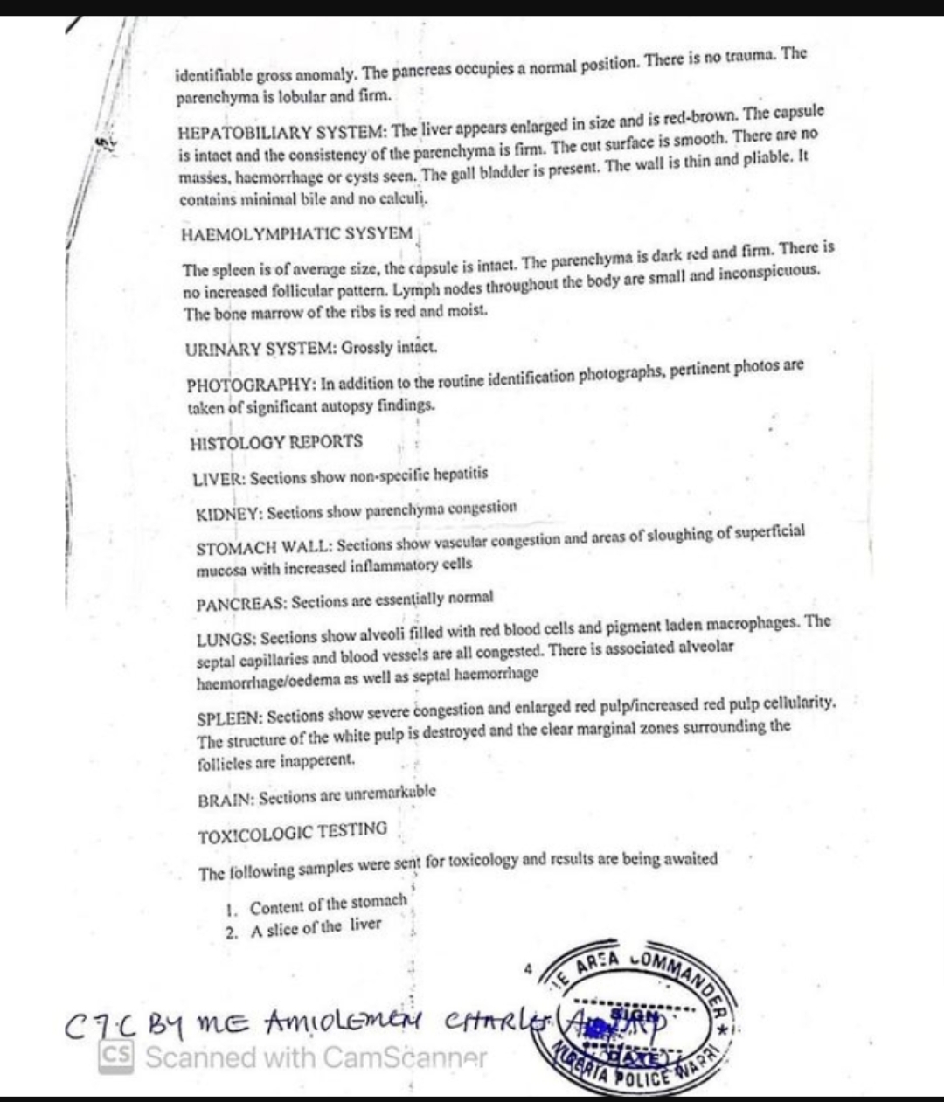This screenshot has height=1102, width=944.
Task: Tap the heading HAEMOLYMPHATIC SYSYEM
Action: (296, 234)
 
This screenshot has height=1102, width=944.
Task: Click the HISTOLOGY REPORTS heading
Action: (276, 442)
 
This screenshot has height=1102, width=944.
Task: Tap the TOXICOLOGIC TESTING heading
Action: (293, 833)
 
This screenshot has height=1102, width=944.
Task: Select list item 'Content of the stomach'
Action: (329, 904)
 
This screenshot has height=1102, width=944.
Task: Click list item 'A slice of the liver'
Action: (316, 928)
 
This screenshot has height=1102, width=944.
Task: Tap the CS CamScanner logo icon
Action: (116, 1057)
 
